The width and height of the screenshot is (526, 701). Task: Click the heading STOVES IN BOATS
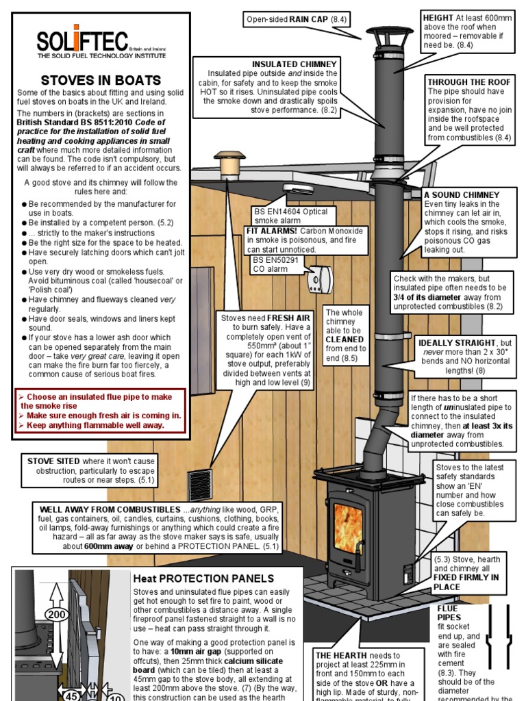(x=101, y=80)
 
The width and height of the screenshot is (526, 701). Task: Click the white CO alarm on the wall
(x=319, y=283)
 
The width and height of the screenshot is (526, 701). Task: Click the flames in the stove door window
(x=348, y=528)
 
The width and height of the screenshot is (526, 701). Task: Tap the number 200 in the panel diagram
(x=57, y=615)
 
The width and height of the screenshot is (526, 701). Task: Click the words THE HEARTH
(x=340, y=655)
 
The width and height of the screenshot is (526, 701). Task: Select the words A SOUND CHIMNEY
(x=461, y=195)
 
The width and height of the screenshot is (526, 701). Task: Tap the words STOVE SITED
(x=54, y=461)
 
